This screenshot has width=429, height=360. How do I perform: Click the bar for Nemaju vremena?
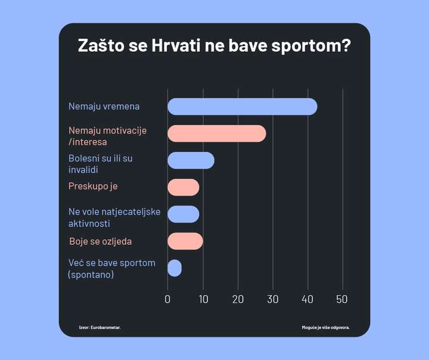[x=242, y=107]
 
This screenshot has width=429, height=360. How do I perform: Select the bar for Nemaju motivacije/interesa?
[x=216, y=134]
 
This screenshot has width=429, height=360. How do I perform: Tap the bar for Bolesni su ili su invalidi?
[x=191, y=160]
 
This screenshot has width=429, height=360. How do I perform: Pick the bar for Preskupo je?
[x=183, y=187]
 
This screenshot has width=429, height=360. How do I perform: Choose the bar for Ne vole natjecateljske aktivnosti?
[x=183, y=214]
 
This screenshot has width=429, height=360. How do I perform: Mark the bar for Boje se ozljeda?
[x=185, y=241]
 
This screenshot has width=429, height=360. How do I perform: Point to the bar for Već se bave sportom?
[x=174, y=268]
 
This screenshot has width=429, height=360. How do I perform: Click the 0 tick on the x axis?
[x=167, y=299]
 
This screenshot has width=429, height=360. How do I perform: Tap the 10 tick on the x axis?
[x=203, y=299]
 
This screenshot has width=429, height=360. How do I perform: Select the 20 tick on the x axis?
[x=238, y=299]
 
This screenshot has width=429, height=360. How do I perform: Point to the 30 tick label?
[x=273, y=299]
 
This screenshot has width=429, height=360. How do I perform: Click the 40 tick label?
[x=307, y=299]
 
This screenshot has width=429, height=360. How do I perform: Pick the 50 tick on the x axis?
[x=342, y=299]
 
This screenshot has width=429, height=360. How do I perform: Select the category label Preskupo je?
[x=93, y=187]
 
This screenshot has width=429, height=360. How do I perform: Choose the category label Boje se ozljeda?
[x=100, y=241]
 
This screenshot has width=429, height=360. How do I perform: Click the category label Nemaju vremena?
[x=104, y=107]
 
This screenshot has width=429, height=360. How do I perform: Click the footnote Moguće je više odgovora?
[x=326, y=327]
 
